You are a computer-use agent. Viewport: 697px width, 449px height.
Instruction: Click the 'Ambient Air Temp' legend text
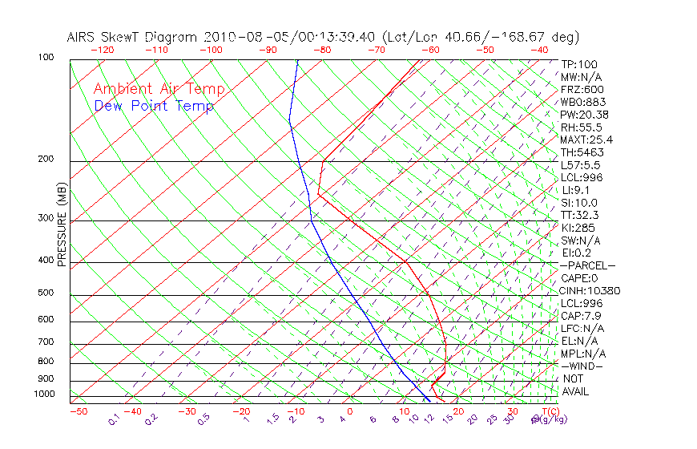pos(159,90)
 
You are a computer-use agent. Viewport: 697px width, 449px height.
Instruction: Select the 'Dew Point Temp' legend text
pos(154,107)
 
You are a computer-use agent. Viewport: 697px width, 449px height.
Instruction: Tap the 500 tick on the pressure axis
pos(46,293)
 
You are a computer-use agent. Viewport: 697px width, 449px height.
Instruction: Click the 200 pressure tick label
pos(46,160)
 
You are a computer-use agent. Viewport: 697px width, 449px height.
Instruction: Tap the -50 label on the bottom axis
pos(78,411)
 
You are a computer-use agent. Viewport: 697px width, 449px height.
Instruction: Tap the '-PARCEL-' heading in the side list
pos(587,265)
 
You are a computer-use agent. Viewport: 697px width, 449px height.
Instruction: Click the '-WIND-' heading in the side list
pos(582,366)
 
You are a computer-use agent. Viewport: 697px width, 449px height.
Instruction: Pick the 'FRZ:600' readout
pos(582,90)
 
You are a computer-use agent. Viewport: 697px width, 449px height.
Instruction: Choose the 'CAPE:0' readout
pos(578,278)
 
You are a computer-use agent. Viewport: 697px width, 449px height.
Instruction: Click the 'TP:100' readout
pos(579,65)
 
